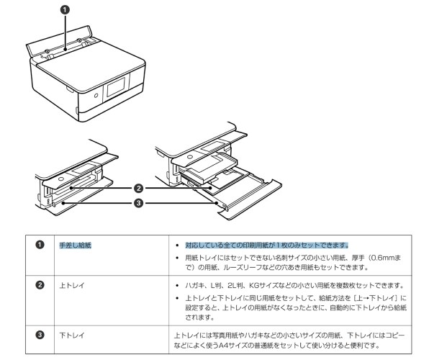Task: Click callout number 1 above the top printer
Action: (64, 11)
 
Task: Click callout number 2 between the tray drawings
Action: (137, 188)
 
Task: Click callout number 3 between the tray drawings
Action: (137, 202)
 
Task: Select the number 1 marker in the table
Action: (42, 245)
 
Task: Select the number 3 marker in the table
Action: (42, 336)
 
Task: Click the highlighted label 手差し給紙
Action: (75, 245)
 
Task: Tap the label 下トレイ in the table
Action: (72, 336)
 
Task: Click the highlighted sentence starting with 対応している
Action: (266, 245)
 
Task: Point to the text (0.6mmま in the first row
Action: (393, 258)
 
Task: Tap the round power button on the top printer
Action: (95, 94)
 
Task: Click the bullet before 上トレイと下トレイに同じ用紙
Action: (177, 299)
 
